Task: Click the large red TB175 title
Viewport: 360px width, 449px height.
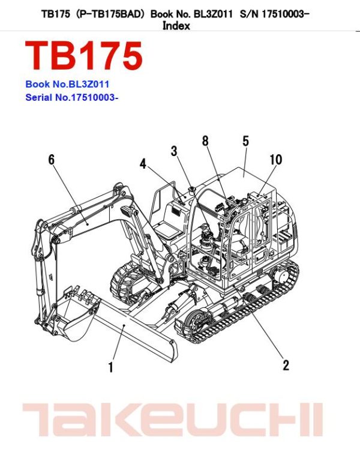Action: (84, 56)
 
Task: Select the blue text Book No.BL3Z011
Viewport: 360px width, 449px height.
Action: (67, 85)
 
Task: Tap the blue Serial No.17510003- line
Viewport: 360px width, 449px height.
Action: (71, 97)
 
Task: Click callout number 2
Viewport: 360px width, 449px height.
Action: (286, 365)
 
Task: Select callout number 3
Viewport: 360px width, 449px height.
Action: (174, 151)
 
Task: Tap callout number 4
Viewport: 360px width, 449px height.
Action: (143, 163)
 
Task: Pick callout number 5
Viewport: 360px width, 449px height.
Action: (245, 141)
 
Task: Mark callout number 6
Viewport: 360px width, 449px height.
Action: (51, 160)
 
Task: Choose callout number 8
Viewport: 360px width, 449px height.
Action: (205, 141)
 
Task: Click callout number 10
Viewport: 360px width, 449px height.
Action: (275, 160)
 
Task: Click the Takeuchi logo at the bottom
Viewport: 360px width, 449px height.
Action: (172, 420)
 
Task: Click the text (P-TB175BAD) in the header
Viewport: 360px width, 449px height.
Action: (110, 13)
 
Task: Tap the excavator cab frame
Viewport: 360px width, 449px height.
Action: (246, 222)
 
